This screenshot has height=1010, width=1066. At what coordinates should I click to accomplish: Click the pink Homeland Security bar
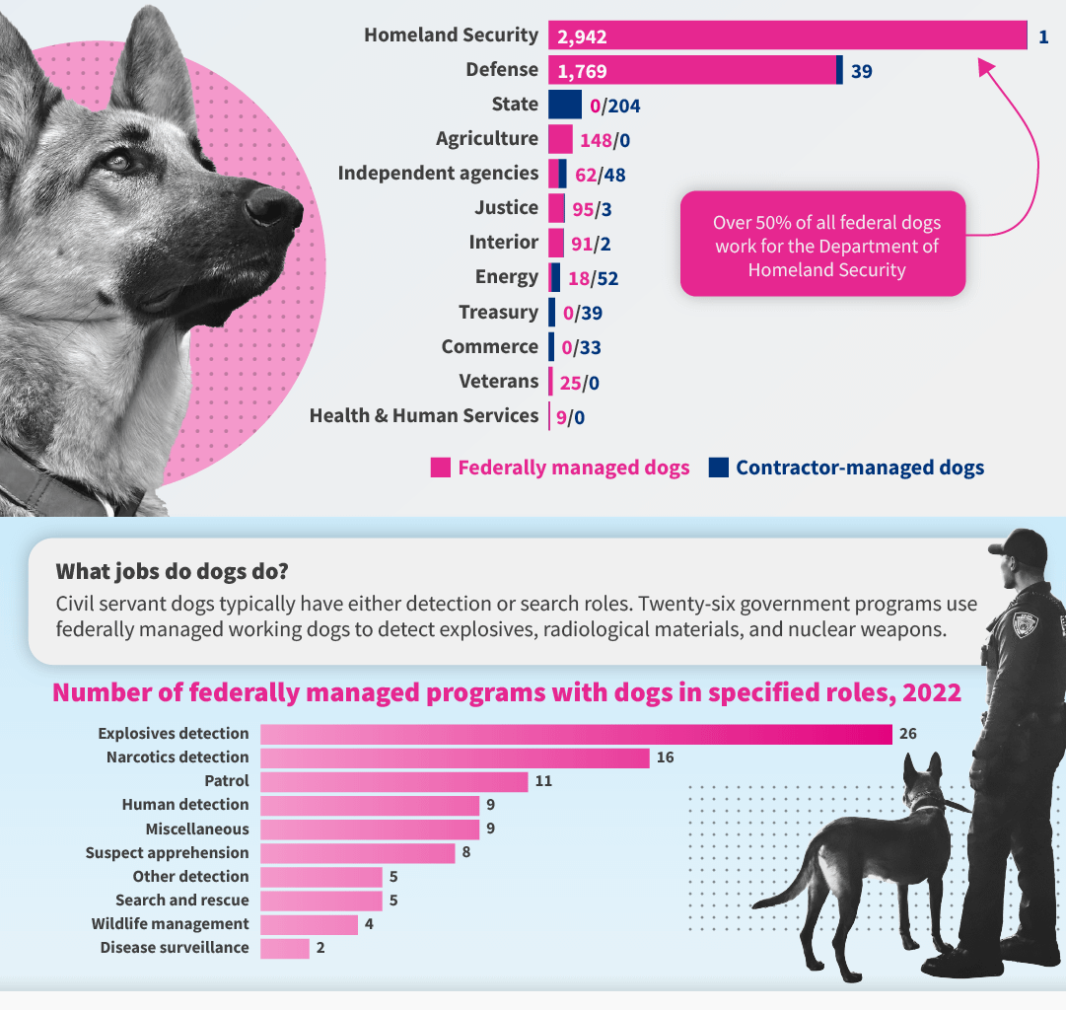pyautogui.click(x=789, y=36)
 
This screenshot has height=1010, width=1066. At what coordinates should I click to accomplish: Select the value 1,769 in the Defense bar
pyautogui.click(x=582, y=71)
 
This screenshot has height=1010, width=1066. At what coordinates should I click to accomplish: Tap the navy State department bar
pyautogui.click(x=564, y=105)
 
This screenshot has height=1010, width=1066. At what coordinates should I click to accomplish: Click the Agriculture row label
pyautogui.click(x=487, y=139)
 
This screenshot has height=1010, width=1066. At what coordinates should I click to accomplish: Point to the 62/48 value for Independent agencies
pyautogui.click(x=600, y=175)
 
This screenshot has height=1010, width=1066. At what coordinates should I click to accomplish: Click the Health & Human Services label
pyautogui.click(x=424, y=416)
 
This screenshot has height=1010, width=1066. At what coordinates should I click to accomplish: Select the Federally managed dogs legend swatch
pyautogui.click(x=441, y=468)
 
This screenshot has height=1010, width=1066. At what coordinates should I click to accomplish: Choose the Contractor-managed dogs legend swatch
pyautogui.click(x=718, y=468)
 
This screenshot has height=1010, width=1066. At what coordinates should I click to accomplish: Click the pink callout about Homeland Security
pyautogui.click(x=822, y=245)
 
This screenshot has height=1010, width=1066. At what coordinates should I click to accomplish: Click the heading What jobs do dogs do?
pyautogui.click(x=172, y=572)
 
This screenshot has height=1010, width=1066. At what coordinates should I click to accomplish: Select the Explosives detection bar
pyautogui.click(x=576, y=734)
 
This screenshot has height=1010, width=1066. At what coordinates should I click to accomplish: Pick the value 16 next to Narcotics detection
pyautogui.click(x=665, y=757)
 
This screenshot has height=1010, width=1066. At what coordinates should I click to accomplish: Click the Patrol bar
pyautogui.click(x=394, y=781)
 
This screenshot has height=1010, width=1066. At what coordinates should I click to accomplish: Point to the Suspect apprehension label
pyautogui.click(x=167, y=853)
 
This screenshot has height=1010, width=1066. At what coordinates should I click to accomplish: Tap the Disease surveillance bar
pyautogui.click(x=285, y=948)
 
